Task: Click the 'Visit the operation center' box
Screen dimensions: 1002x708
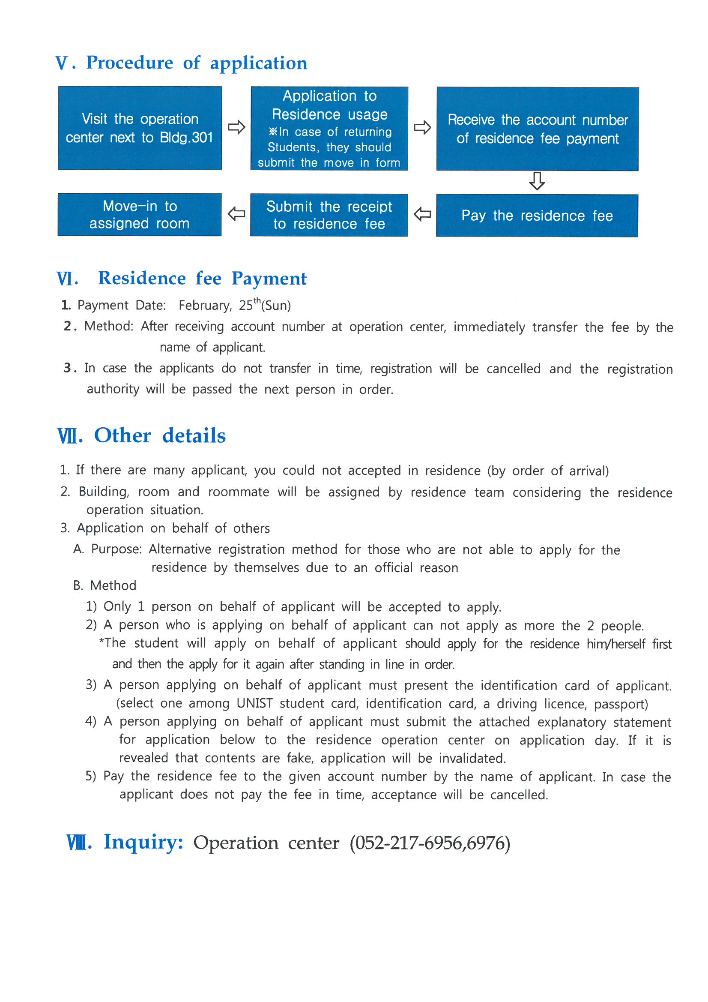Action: click(140, 128)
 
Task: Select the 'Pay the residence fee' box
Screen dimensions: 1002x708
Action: click(537, 216)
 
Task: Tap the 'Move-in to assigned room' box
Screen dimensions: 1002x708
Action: click(140, 214)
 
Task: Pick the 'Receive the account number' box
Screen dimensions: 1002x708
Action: click(538, 129)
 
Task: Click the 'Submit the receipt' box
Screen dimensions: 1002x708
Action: click(329, 215)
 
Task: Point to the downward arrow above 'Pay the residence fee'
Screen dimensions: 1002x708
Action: click(537, 181)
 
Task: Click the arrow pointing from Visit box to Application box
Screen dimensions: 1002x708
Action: click(236, 127)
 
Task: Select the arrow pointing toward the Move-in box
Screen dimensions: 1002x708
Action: click(236, 214)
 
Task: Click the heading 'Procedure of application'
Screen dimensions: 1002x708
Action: click(196, 63)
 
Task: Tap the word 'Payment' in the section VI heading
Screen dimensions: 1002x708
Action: click(269, 279)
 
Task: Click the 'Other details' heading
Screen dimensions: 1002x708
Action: click(160, 435)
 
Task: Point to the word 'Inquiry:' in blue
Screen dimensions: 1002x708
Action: click(143, 842)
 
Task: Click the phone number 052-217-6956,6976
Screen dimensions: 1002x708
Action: click(430, 843)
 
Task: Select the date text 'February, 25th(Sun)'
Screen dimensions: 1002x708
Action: click(235, 305)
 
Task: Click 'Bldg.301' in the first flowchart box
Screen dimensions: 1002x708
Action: click(186, 138)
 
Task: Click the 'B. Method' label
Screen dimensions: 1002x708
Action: click(105, 585)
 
